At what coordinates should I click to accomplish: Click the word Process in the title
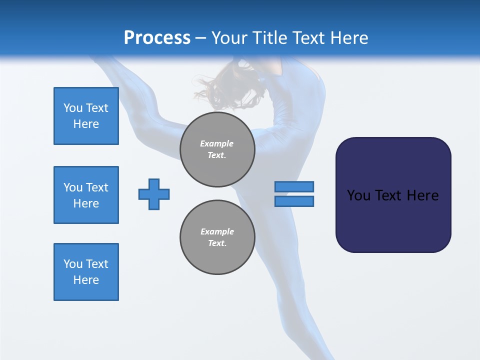coord(157,38)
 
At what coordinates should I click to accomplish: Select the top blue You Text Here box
coord(86,116)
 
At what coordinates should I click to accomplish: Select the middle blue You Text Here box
coord(86,195)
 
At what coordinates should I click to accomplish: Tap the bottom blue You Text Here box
coord(86,272)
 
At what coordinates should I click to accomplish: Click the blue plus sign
coord(154,194)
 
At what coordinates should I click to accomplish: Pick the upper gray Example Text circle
coord(217,149)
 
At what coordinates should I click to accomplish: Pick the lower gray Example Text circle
coord(217,237)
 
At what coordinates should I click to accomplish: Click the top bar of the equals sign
coord(294,186)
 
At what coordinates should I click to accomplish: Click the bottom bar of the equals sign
coord(294,201)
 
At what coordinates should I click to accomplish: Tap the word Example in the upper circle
coord(217,143)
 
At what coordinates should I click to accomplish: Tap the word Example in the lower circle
coord(217,231)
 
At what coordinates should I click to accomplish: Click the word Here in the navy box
coord(423,195)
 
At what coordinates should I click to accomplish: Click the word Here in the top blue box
coord(86,124)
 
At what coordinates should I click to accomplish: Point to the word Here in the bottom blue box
coord(86,280)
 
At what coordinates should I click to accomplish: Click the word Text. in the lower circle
coord(217,243)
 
